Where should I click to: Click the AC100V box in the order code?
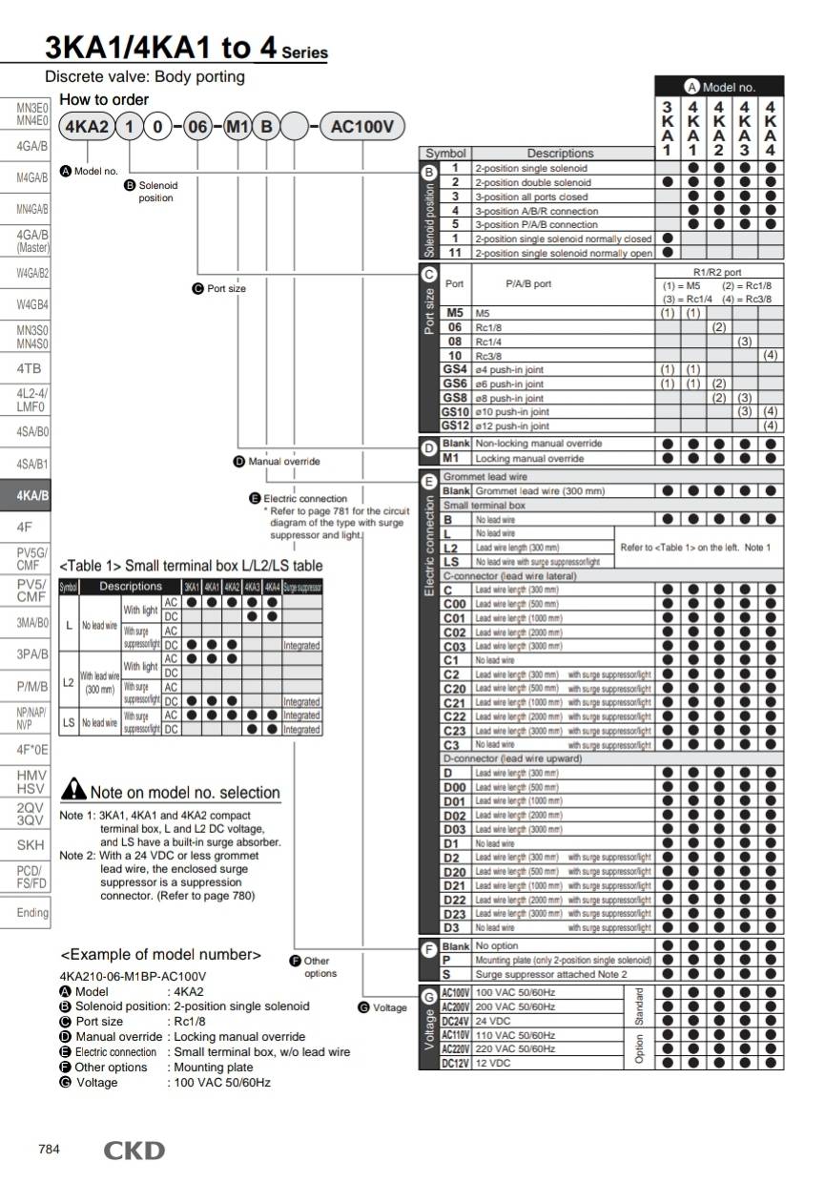(x=362, y=127)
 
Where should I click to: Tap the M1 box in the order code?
(x=237, y=127)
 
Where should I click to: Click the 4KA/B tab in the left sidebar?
(x=26, y=495)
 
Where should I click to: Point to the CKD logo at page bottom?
(x=134, y=1151)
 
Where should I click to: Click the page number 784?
(x=49, y=1149)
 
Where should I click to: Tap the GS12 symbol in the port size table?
(x=456, y=425)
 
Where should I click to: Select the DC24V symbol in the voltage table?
(x=455, y=1021)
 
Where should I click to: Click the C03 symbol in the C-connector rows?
(x=455, y=646)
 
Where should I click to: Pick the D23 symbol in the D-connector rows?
(x=455, y=913)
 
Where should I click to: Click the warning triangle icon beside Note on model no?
(x=73, y=790)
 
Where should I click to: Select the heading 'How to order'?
(x=104, y=99)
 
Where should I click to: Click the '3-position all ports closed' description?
(x=531, y=197)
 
